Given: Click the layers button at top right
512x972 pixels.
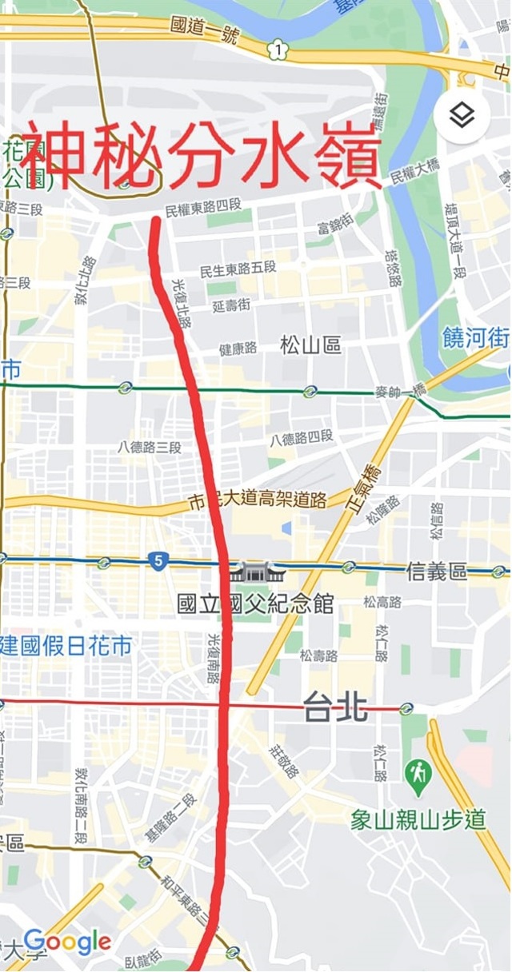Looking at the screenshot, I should coord(461,116).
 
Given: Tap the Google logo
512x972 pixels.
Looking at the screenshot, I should coord(67,942).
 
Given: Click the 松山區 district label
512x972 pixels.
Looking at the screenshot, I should coord(311,345).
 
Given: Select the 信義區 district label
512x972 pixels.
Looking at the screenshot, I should coord(437,572).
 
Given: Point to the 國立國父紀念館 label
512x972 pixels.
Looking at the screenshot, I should coord(255,603).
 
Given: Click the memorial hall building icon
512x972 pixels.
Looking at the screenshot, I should coord(254,572).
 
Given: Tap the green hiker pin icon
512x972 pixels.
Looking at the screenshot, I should coord(418,775).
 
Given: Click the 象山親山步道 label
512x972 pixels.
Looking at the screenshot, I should coord(418,819).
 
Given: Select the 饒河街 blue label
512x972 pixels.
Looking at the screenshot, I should coord(476,338).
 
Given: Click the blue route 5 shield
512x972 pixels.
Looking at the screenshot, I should coord(158,562).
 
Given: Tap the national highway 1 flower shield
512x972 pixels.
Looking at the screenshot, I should coord(277,50).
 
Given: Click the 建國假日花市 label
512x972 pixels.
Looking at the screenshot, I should coord(66,646).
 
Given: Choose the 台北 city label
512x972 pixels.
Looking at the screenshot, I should coord(335,707).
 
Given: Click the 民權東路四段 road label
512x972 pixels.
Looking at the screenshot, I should coord(203,210).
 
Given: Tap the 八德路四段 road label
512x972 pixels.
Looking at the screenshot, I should coord(302,438).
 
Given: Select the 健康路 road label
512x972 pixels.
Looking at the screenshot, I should coord(238,349).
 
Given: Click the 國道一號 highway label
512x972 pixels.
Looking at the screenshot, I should coord(205,26).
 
